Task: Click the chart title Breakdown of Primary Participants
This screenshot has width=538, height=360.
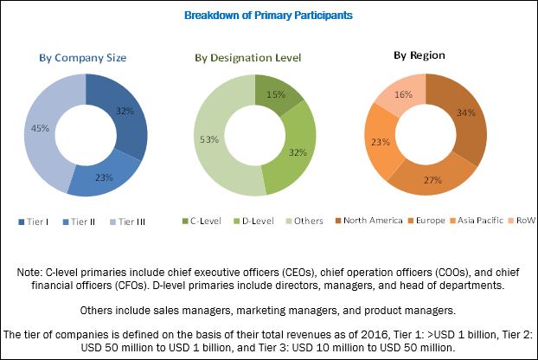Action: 268,16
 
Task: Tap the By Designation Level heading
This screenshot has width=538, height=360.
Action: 247,59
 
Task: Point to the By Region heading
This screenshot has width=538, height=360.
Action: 420,55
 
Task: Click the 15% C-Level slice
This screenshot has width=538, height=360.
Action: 274,93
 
